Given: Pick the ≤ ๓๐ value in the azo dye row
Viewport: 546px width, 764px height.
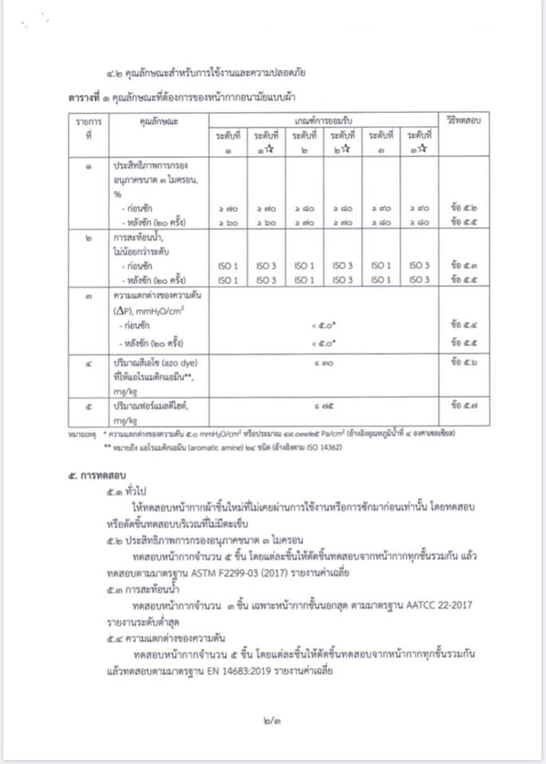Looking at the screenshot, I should pos(323,362).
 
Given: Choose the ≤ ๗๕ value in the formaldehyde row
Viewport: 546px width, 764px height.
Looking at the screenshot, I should pos(323,407).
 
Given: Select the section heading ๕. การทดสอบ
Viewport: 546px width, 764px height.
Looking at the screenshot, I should pos(94,475).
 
